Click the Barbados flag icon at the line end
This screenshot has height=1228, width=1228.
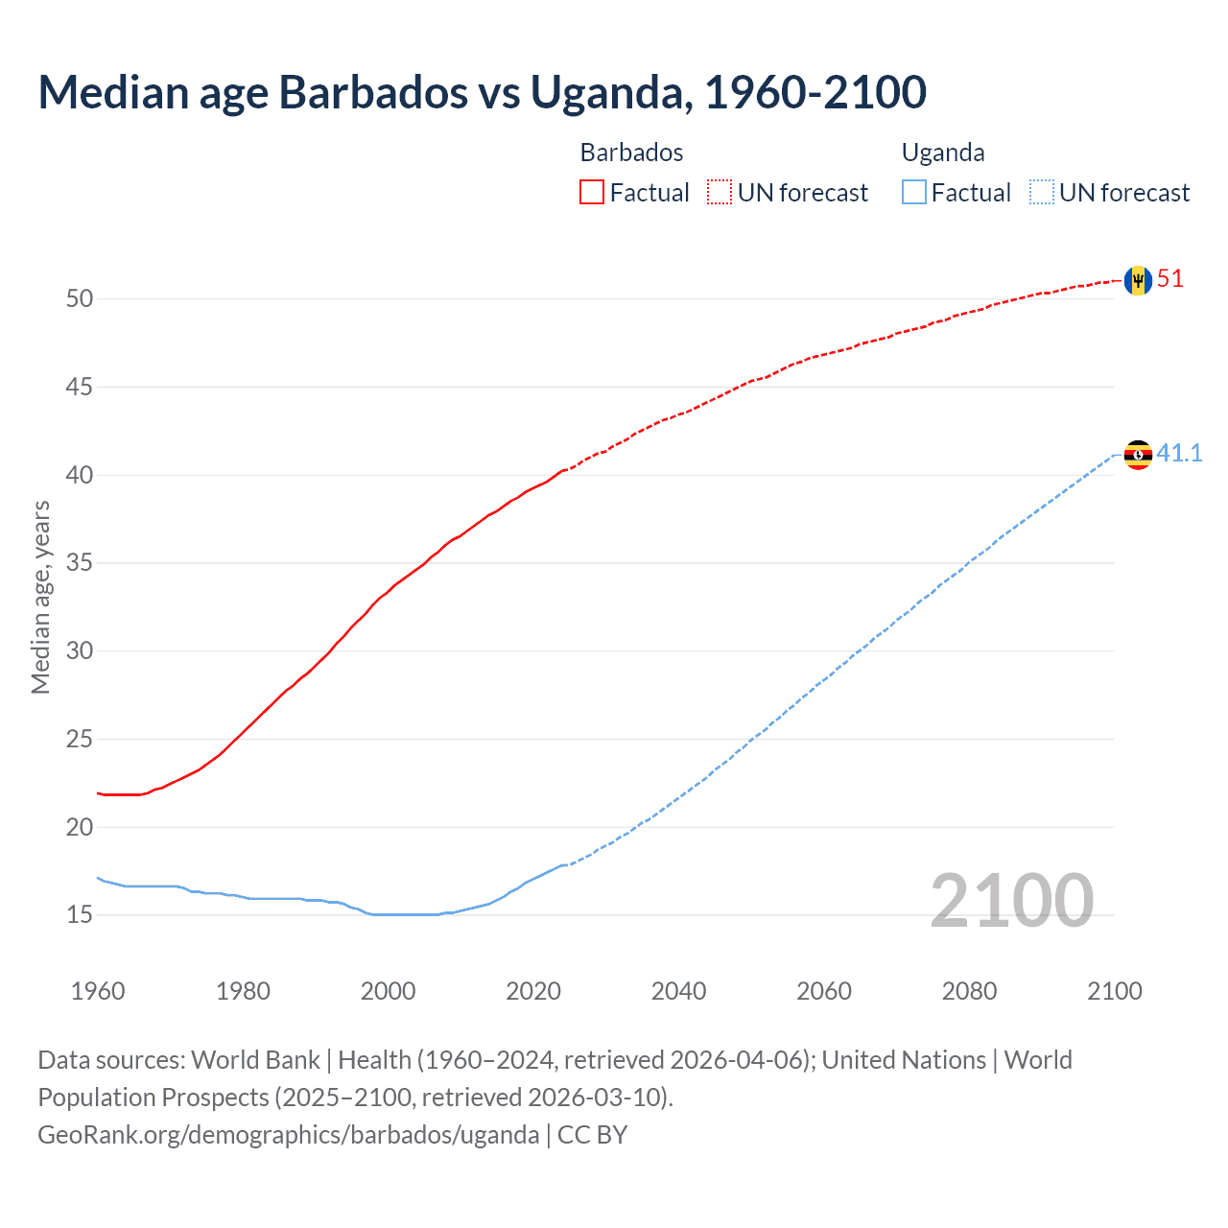[x=1138, y=280]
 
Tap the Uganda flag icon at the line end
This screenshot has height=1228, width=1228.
[x=1138, y=455]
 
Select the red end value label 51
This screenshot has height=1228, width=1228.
[x=1170, y=279]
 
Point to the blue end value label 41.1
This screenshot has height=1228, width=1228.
[x=1179, y=454]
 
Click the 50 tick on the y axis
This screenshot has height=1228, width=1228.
[x=80, y=298]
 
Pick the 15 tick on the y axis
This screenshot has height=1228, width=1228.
[x=80, y=914]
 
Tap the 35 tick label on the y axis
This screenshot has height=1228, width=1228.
[x=80, y=562]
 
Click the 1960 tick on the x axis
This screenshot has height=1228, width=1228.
[x=98, y=991]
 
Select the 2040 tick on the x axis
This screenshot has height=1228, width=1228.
[x=678, y=991]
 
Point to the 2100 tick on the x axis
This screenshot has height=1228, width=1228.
[x=1115, y=991]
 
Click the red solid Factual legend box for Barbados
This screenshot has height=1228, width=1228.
[x=592, y=193]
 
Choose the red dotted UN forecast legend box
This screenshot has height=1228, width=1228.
[x=720, y=193]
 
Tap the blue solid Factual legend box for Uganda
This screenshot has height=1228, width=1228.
[x=914, y=193]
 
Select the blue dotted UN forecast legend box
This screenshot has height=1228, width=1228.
[x=1041, y=193]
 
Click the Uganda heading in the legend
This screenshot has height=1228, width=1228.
[x=943, y=153]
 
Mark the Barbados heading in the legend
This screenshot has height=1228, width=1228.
[x=631, y=153]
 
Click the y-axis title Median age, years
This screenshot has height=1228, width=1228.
[x=40, y=597]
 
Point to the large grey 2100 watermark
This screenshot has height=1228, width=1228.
[x=1012, y=901]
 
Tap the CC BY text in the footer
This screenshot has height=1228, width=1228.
[x=592, y=1135]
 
